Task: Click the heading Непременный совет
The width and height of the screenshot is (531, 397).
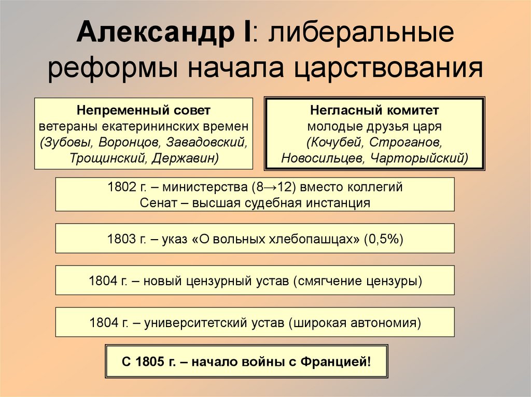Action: tap(144, 110)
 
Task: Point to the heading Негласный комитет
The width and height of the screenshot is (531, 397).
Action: tap(374, 110)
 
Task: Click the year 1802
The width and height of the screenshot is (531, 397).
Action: tap(121, 187)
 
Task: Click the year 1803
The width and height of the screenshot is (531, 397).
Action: tap(121, 239)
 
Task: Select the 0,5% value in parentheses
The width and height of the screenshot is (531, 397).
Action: tap(383, 239)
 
